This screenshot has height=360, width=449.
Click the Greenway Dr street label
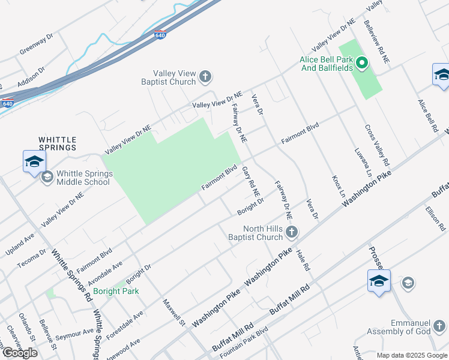[37, 43]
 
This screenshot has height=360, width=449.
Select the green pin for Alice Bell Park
[361, 62]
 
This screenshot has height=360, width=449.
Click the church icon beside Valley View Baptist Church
[205, 76]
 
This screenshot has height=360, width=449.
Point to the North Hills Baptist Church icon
[292, 232]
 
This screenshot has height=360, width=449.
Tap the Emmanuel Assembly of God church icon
[439, 326]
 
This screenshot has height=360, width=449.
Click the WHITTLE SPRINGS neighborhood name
[58, 143]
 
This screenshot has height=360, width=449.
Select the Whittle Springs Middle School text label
[83, 178]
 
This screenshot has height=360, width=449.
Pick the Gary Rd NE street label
[252, 182]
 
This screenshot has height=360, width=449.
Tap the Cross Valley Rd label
[378, 146]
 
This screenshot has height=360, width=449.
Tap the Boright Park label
[120, 292]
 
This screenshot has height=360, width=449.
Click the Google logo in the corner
[20, 352]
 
